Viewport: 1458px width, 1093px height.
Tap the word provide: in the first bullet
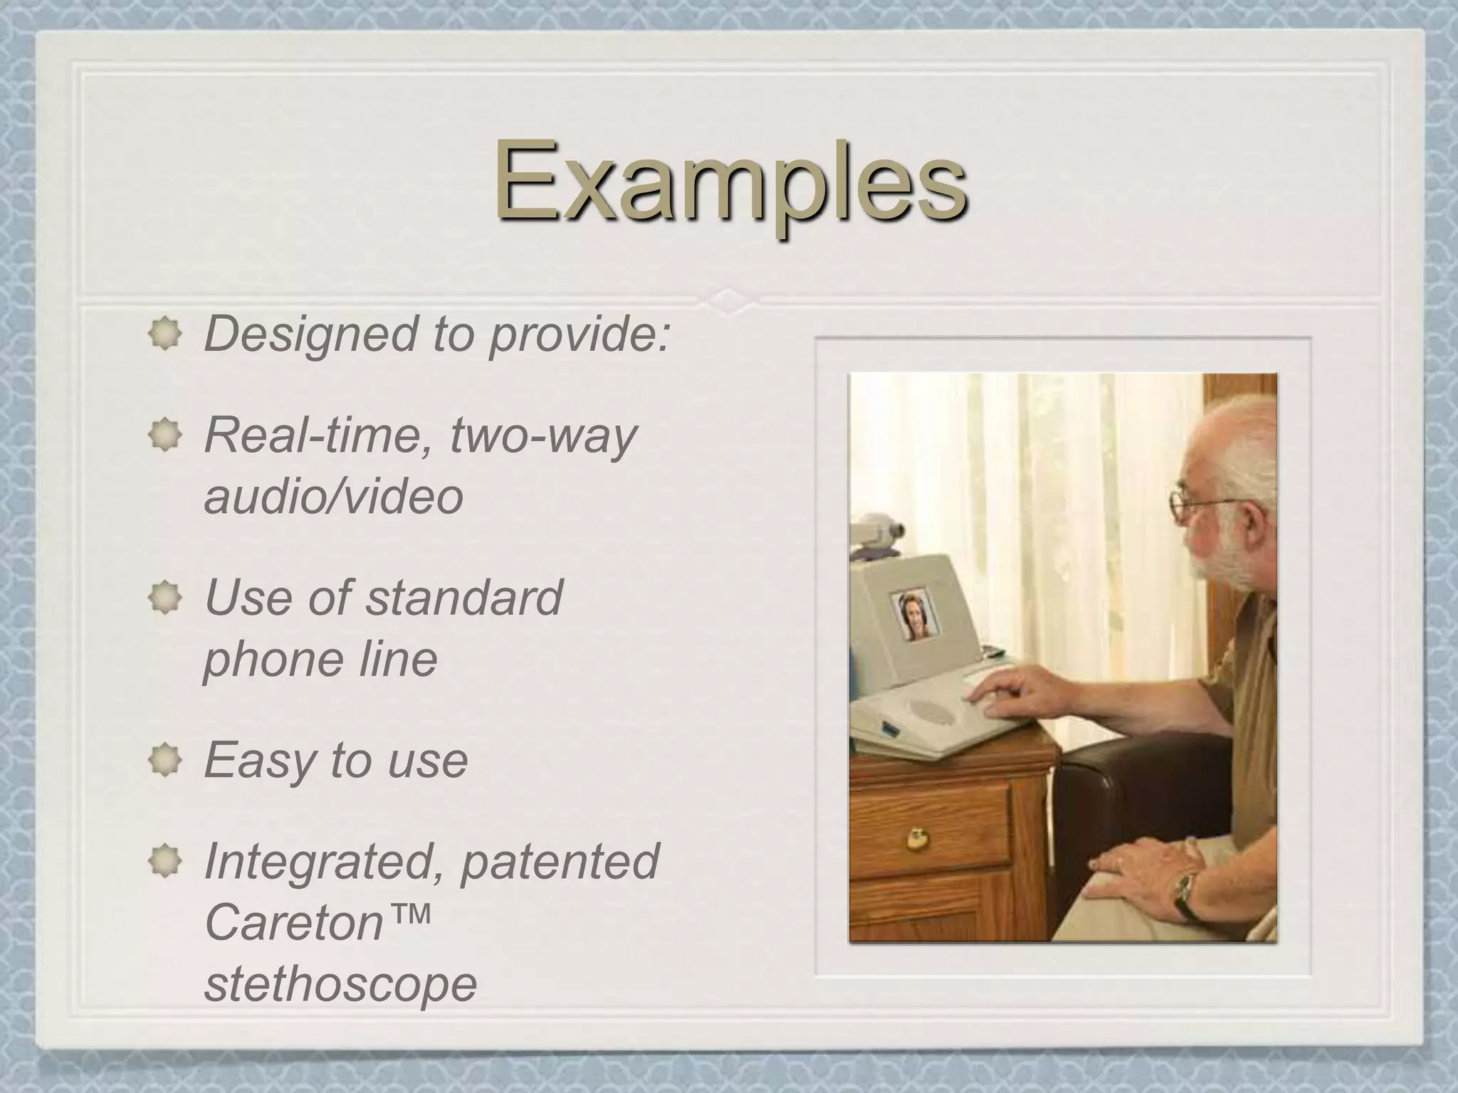[x=580, y=334]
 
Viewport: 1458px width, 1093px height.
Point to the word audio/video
[x=333, y=496]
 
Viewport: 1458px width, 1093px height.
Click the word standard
[x=463, y=597]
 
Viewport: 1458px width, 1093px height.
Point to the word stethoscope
[x=340, y=984]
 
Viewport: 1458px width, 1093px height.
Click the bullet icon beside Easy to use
[x=165, y=760]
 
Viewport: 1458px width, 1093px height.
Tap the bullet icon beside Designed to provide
[x=165, y=334]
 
